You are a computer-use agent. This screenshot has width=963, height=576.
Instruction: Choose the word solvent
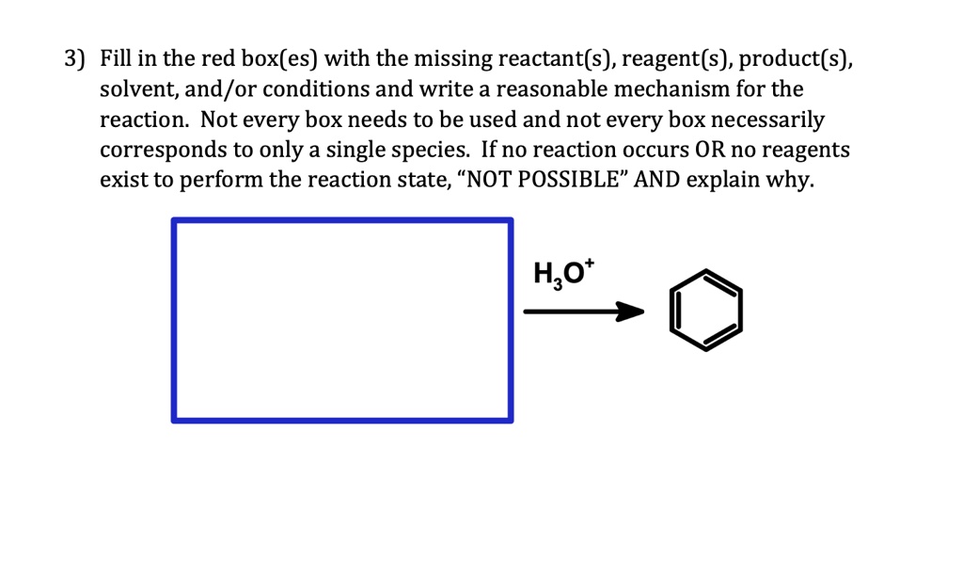pyautogui.click(x=136, y=90)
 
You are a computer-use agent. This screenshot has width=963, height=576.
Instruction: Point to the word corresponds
pyautogui.click(x=156, y=151)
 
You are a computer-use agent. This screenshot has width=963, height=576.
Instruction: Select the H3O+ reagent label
pyautogui.click(x=558, y=274)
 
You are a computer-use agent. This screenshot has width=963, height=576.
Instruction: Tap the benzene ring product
pyautogui.click(x=705, y=312)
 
